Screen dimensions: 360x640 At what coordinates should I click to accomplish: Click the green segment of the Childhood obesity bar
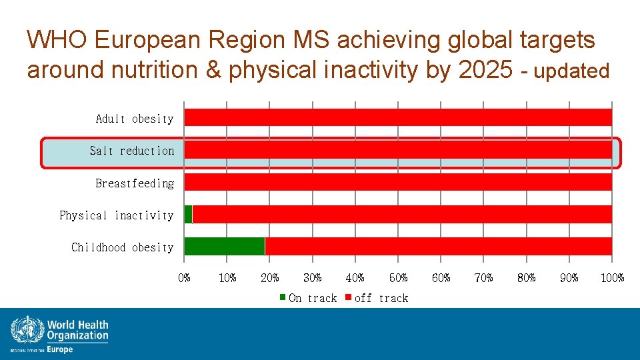coord(224,246)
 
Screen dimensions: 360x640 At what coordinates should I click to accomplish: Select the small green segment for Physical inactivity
coord(188,214)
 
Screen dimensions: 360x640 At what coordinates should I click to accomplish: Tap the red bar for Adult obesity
coord(398,117)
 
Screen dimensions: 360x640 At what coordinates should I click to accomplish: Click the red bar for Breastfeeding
coord(398,182)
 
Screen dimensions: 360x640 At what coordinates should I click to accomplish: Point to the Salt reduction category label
coord(132,151)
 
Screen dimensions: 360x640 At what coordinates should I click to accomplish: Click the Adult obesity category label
coord(135,119)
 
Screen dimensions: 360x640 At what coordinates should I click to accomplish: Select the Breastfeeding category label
coord(135,183)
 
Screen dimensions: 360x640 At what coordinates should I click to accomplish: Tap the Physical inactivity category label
coord(117,215)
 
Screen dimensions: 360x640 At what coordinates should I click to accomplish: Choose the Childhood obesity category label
coord(123,247)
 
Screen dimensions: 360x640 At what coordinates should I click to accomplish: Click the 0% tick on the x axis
coord(185,277)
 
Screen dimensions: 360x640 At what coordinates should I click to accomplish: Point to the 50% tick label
coord(398,277)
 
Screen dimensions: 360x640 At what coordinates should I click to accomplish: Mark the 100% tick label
coord(612,277)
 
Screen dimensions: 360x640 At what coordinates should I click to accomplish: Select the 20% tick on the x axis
coord(270,277)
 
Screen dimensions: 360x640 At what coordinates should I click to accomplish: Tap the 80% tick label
coord(527,277)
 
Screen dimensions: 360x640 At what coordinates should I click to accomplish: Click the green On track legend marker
coord(283,297)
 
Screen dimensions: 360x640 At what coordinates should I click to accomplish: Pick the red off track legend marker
coord(348,297)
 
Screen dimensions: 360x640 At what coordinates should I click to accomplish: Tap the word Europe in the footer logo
coord(60,349)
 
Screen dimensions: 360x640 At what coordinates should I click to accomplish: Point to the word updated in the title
coord(572,71)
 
